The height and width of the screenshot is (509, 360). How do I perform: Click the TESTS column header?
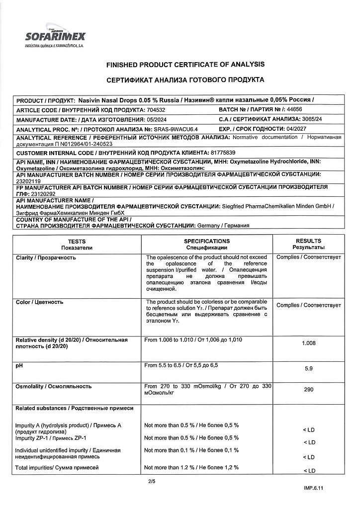(x=77, y=241)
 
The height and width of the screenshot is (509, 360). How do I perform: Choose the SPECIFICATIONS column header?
(x=206, y=241)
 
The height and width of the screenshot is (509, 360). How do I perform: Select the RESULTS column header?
(x=308, y=241)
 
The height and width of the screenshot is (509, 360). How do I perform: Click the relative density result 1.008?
(x=308, y=343)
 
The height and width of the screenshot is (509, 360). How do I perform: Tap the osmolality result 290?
(x=308, y=389)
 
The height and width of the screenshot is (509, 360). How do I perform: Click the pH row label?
(x=20, y=365)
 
